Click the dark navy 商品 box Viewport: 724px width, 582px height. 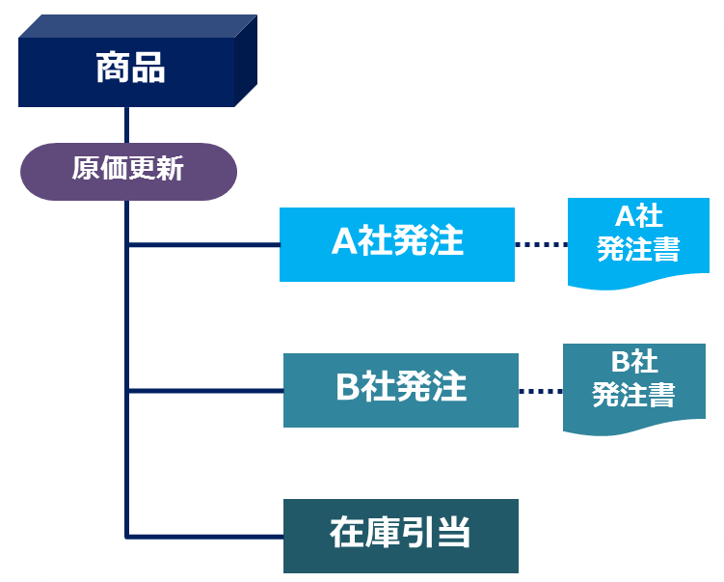tap(138, 61)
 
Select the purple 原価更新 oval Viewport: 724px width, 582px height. tap(128, 172)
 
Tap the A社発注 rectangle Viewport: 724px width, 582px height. tap(397, 244)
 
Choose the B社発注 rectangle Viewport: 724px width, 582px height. tap(401, 390)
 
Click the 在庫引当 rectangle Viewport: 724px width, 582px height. tap(401, 537)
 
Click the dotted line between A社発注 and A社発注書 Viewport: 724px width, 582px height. tap(541, 244)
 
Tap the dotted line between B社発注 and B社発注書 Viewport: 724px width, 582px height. tap(541, 391)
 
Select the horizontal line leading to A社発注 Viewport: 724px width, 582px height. tap(204, 244)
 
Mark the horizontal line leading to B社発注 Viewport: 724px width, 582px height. tap(206, 391)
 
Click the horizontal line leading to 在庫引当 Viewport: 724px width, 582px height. tap(205, 537)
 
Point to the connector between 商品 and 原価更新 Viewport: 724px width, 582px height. tap(126, 125)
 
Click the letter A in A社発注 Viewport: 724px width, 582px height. tap(344, 241)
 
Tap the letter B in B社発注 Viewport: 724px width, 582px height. tap(348, 386)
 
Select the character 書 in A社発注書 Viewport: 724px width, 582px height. tap(666, 249)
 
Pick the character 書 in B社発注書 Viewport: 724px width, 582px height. tap(661, 395)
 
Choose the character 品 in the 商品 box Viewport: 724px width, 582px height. tap(148, 68)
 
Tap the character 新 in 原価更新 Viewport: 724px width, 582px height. tap(170, 168)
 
